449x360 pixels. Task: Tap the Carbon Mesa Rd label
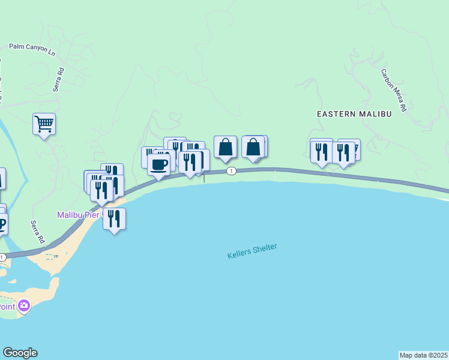(x=394, y=91)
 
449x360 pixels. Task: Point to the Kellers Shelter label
(x=252, y=251)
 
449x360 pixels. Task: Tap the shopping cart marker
(x=44, y=124)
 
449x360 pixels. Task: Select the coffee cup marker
(x=159, y=164)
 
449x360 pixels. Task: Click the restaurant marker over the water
(x=114, y=220)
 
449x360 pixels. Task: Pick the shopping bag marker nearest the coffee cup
(x=225, y=147)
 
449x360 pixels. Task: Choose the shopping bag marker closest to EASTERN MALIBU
(x=253, y=147)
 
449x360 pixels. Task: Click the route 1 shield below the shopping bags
(x=231, y=172)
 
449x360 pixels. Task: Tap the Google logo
(x=20, y=353)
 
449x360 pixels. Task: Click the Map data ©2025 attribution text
(x=424, y=355)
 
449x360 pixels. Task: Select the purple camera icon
(x=24, y=306)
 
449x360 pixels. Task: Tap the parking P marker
(x=2, y=224)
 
